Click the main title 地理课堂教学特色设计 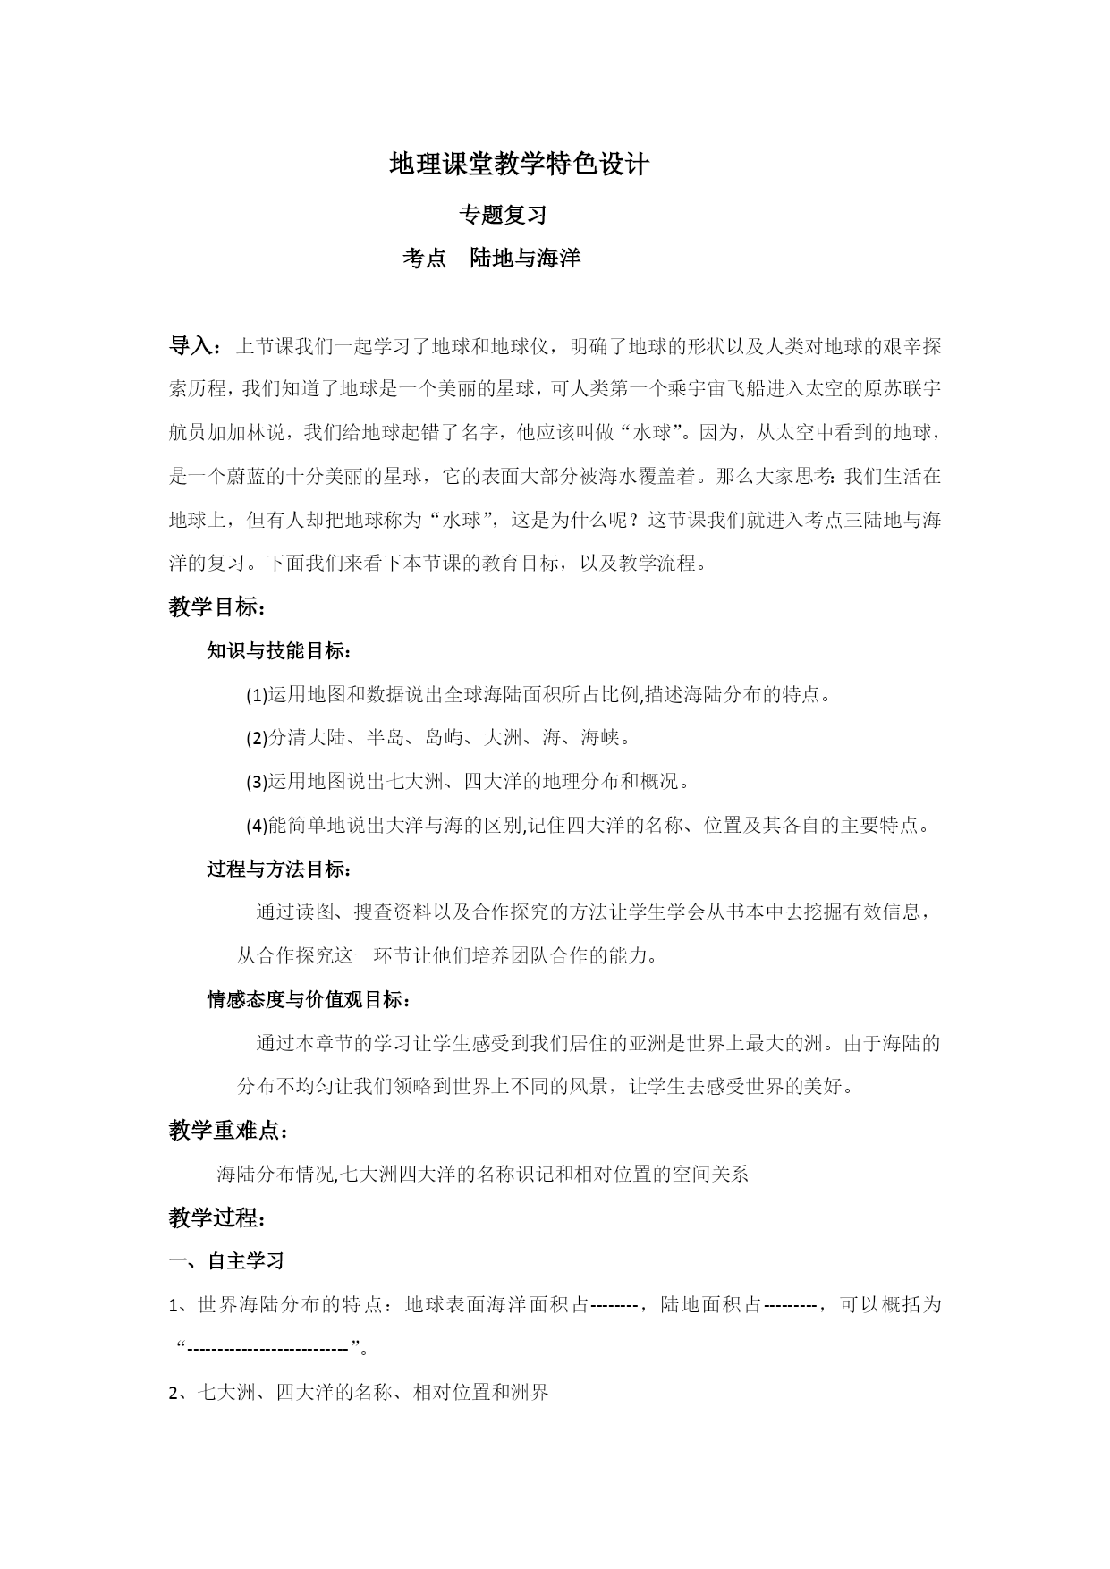click(x=519, y=165)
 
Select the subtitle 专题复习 click(x=502, y=215)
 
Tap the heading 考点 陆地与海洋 click(x=491, y=259)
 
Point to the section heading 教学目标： click(x=216, y=607)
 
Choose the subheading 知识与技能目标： click(x=279, y=651)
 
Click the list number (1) click(x=257, y=695)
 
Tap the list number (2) click(x=257, y=739)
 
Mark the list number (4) click(x=257, y=826)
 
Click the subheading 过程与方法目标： click(x=279, y=869)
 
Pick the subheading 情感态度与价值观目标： click(x=309, y=1000)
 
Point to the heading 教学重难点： click(x=228, y=1131)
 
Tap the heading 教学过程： click(x=216, y=1217)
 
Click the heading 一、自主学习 click(x=226, y=1261)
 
